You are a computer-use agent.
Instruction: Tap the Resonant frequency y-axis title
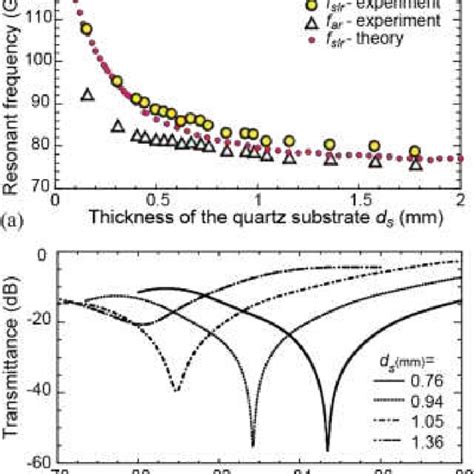[13, 95]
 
